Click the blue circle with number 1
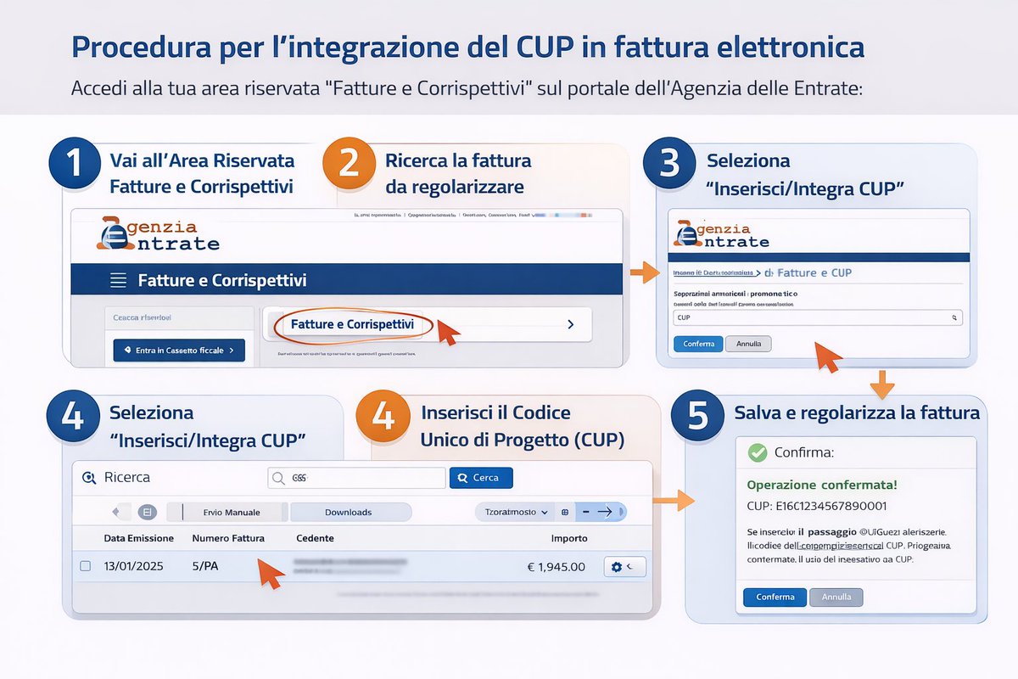(x=76, y=164)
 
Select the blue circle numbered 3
(x=669, y=164)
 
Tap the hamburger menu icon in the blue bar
(x=119, y=280)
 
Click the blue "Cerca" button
(x=480, y=478)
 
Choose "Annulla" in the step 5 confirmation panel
(x=836, y=597)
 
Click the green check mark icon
(x=758, y=452)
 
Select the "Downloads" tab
(x=349, y=513)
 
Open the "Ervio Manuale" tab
(x=232, y=513)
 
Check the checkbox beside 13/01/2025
(x=85, y=566)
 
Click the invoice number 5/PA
(x=207, y=566)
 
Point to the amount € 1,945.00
(x=556, y=566)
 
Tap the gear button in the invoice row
(x=624, y=566)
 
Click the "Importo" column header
(x=569, y=538)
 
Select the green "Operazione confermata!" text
(x=821, y=485)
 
